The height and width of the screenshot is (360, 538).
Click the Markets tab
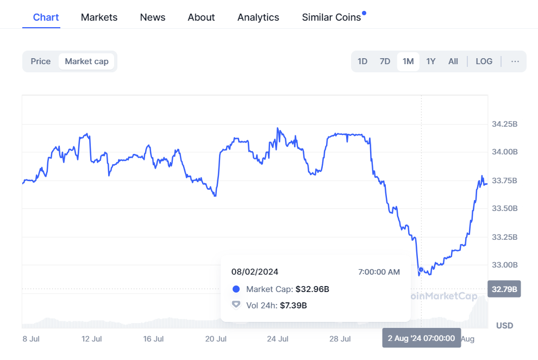click(x=99, y=17)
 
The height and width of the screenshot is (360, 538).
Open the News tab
click(x=152, y=17)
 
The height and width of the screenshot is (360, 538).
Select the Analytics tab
click(x=258, y=17)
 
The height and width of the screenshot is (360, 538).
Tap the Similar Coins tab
click(x=331, y=17)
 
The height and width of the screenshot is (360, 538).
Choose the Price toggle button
click(x=41, y=61)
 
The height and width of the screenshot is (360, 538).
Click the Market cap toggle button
click(x=86, y=61)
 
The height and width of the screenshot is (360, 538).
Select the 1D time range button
click(x=362, y=61)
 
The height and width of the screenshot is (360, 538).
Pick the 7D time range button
click(x=385, y=61)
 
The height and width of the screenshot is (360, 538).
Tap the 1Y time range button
click(x=430, y=61)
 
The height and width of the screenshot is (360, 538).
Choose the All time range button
click(x=453, y=61)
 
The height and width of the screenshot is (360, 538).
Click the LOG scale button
click(x=484, y=61)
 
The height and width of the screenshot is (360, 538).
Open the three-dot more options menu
click(x=515, y=61)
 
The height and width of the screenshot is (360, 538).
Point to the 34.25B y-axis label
click(x=504, y=125)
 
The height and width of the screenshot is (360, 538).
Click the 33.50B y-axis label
click(x=504, y=209)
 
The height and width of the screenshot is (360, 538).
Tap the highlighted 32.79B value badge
click(x=504, y=288)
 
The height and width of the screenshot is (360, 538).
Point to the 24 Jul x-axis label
click(x=278, y=339)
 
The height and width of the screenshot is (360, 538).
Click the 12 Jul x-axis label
click(x=92, y=339)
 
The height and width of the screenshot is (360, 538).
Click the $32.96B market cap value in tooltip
click(x=312, y=289)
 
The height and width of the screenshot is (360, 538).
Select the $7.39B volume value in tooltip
click(x=293, y=306)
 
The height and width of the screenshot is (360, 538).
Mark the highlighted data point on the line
click(x=421, y=270)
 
